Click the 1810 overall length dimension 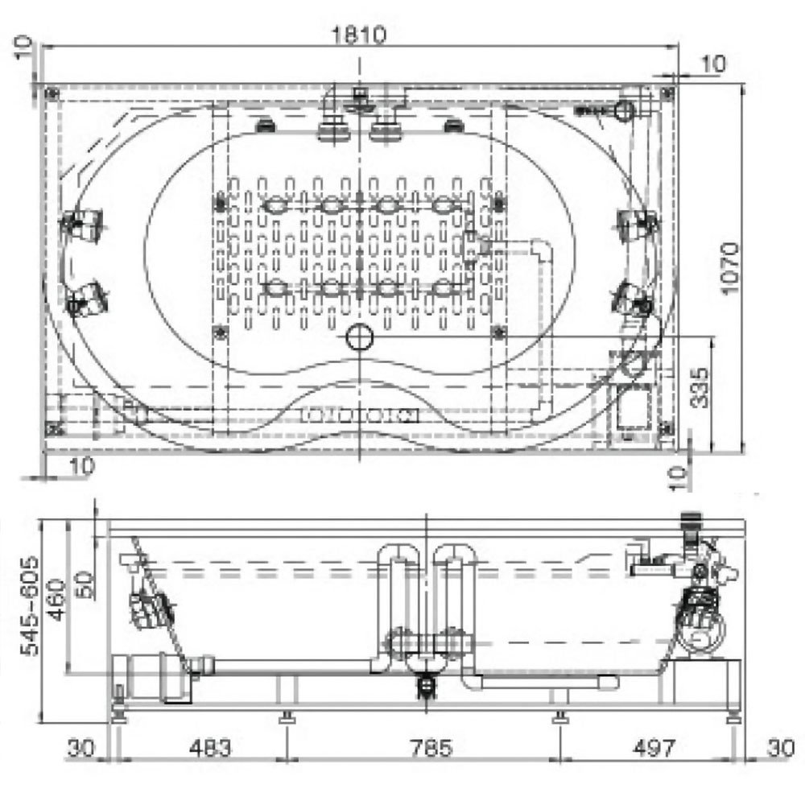[358, 35]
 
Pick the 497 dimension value [651, 748]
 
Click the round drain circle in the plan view [360, 336]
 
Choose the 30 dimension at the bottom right [775, 748]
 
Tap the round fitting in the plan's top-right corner [625, 110]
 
